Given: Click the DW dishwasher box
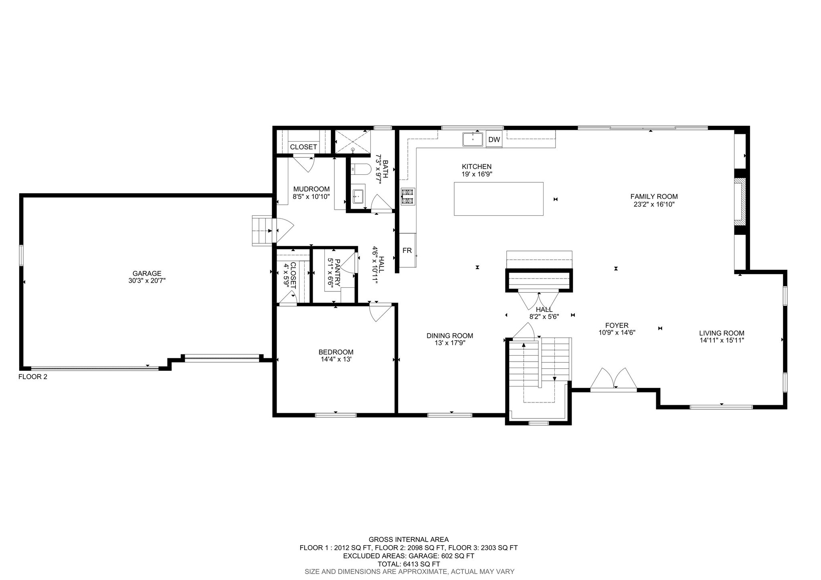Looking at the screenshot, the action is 494,139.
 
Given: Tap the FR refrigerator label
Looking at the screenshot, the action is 407,251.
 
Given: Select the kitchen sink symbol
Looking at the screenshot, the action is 473,139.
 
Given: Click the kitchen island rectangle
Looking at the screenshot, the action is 499,199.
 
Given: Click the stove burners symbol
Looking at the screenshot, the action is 408,196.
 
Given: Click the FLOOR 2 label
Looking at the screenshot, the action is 33,377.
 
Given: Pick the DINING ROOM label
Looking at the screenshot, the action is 450,336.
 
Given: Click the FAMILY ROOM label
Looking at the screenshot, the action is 654,196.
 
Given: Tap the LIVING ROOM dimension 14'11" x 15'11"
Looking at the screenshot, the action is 722,340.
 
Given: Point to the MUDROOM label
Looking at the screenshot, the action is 311,189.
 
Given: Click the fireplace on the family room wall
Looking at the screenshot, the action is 739,203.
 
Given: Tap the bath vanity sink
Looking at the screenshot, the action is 358,196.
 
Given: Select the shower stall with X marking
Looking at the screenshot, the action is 352,141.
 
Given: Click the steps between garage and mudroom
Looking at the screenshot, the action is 262,230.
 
